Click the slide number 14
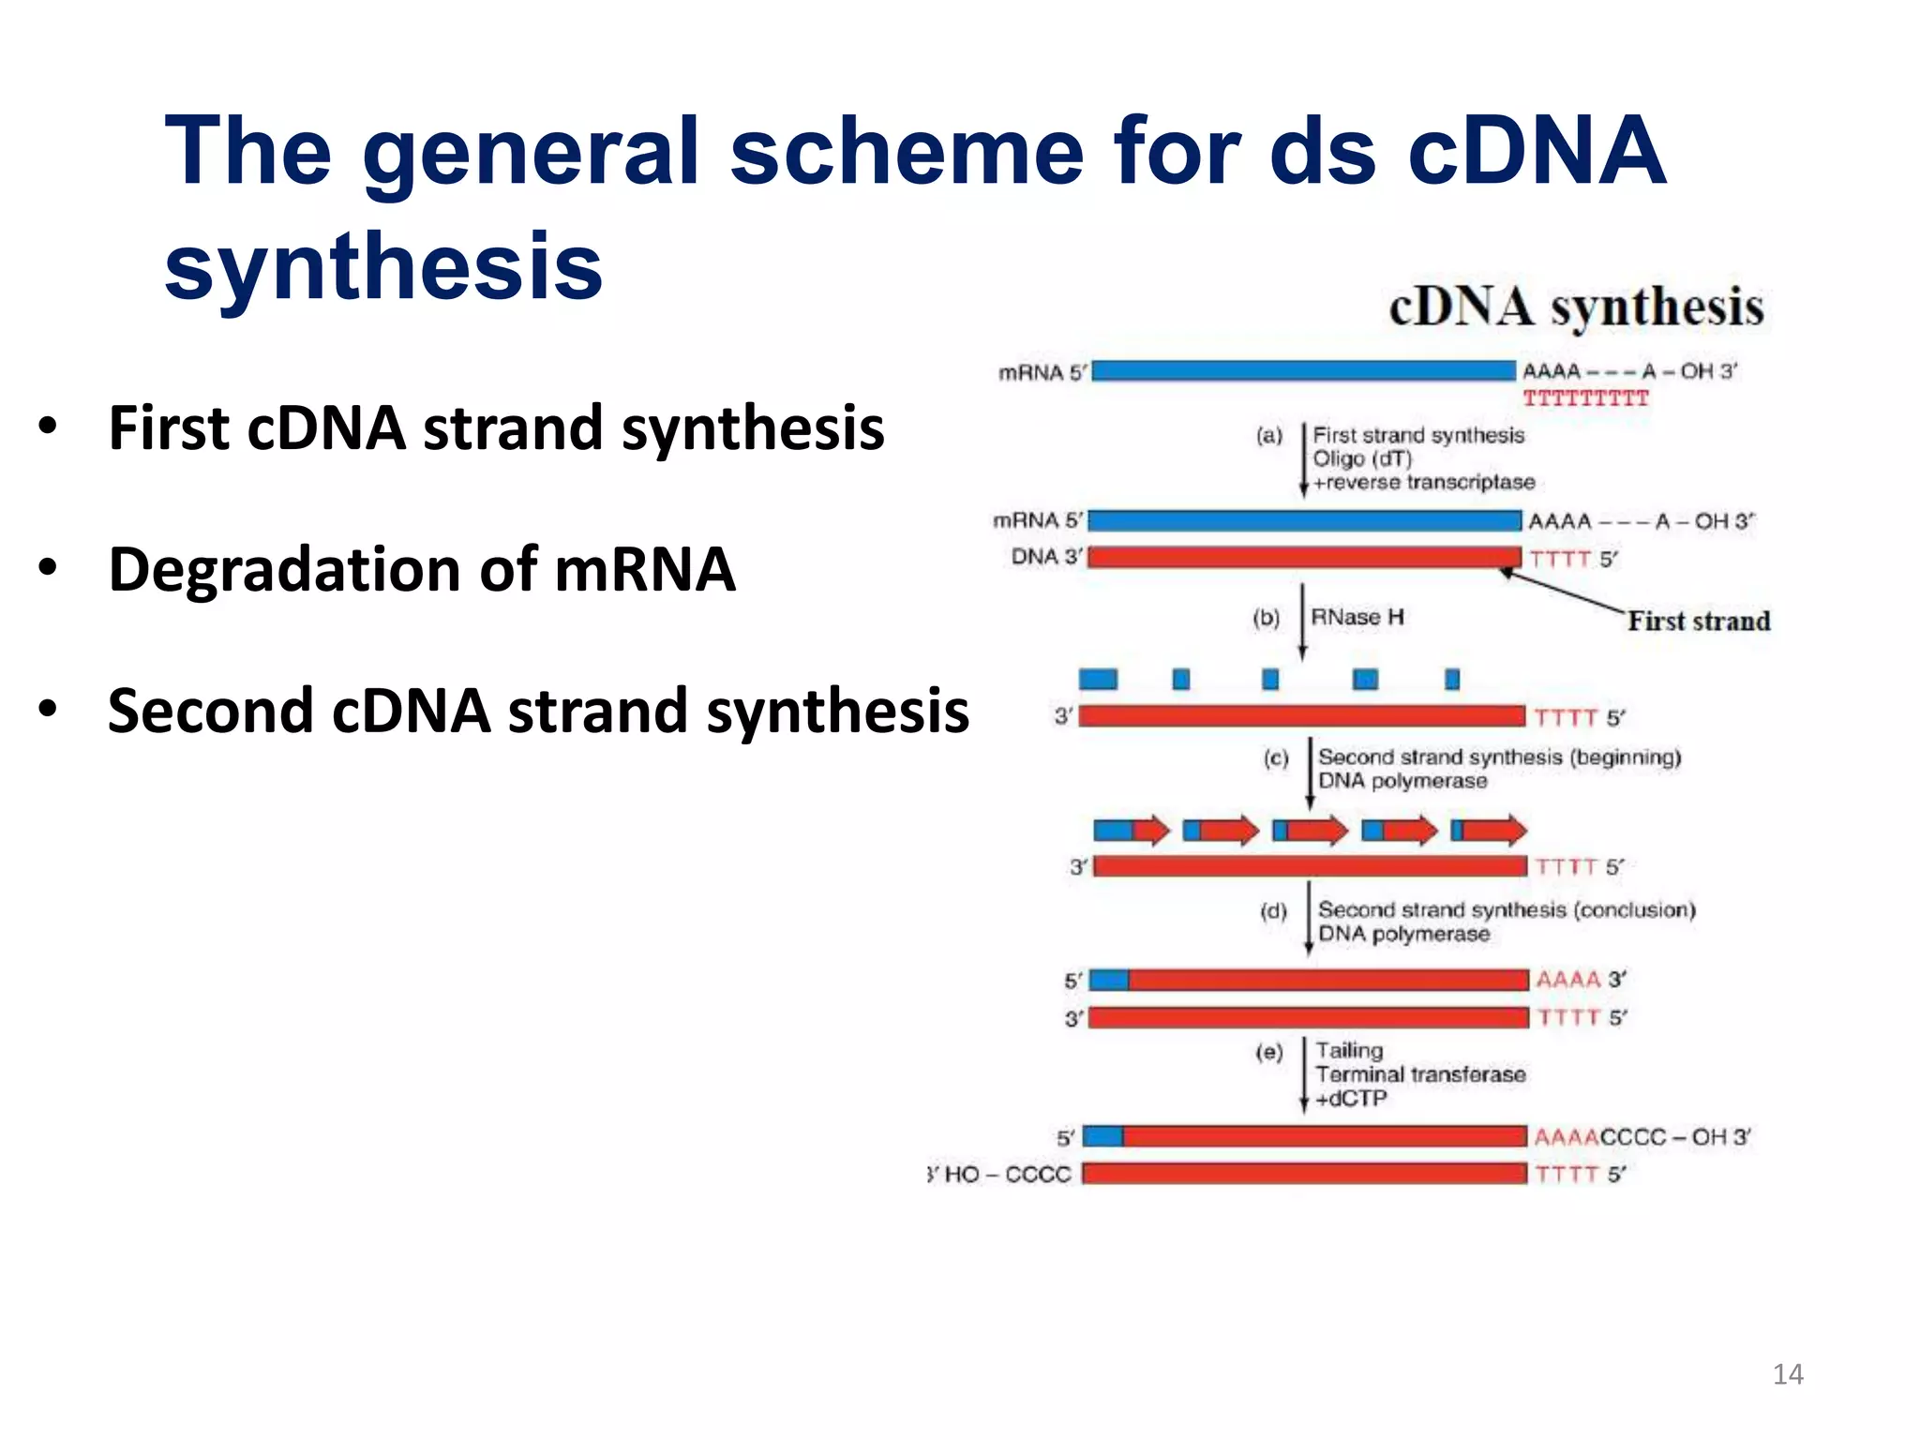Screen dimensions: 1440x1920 1787,1374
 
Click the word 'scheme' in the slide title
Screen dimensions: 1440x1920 906,152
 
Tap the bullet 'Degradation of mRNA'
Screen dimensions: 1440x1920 422,570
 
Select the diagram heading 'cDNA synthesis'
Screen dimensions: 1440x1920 1576,307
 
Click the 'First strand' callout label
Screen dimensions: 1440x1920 1698,621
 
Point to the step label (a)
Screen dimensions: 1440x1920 1268,435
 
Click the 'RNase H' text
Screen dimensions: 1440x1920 1357,617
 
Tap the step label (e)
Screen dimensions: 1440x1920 1268,1053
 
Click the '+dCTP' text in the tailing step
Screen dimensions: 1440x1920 1350,1099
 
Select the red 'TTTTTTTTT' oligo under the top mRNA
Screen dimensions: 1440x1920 1585,399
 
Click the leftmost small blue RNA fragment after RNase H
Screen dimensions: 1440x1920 1098,679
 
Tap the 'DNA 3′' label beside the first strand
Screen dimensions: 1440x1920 1045,557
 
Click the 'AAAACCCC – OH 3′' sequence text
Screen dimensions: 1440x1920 1642,1137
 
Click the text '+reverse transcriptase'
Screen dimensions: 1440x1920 1423,482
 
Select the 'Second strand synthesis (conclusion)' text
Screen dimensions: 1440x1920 1506,909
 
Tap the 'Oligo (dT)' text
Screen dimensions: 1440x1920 1361,458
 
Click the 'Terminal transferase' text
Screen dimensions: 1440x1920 1419,1074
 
